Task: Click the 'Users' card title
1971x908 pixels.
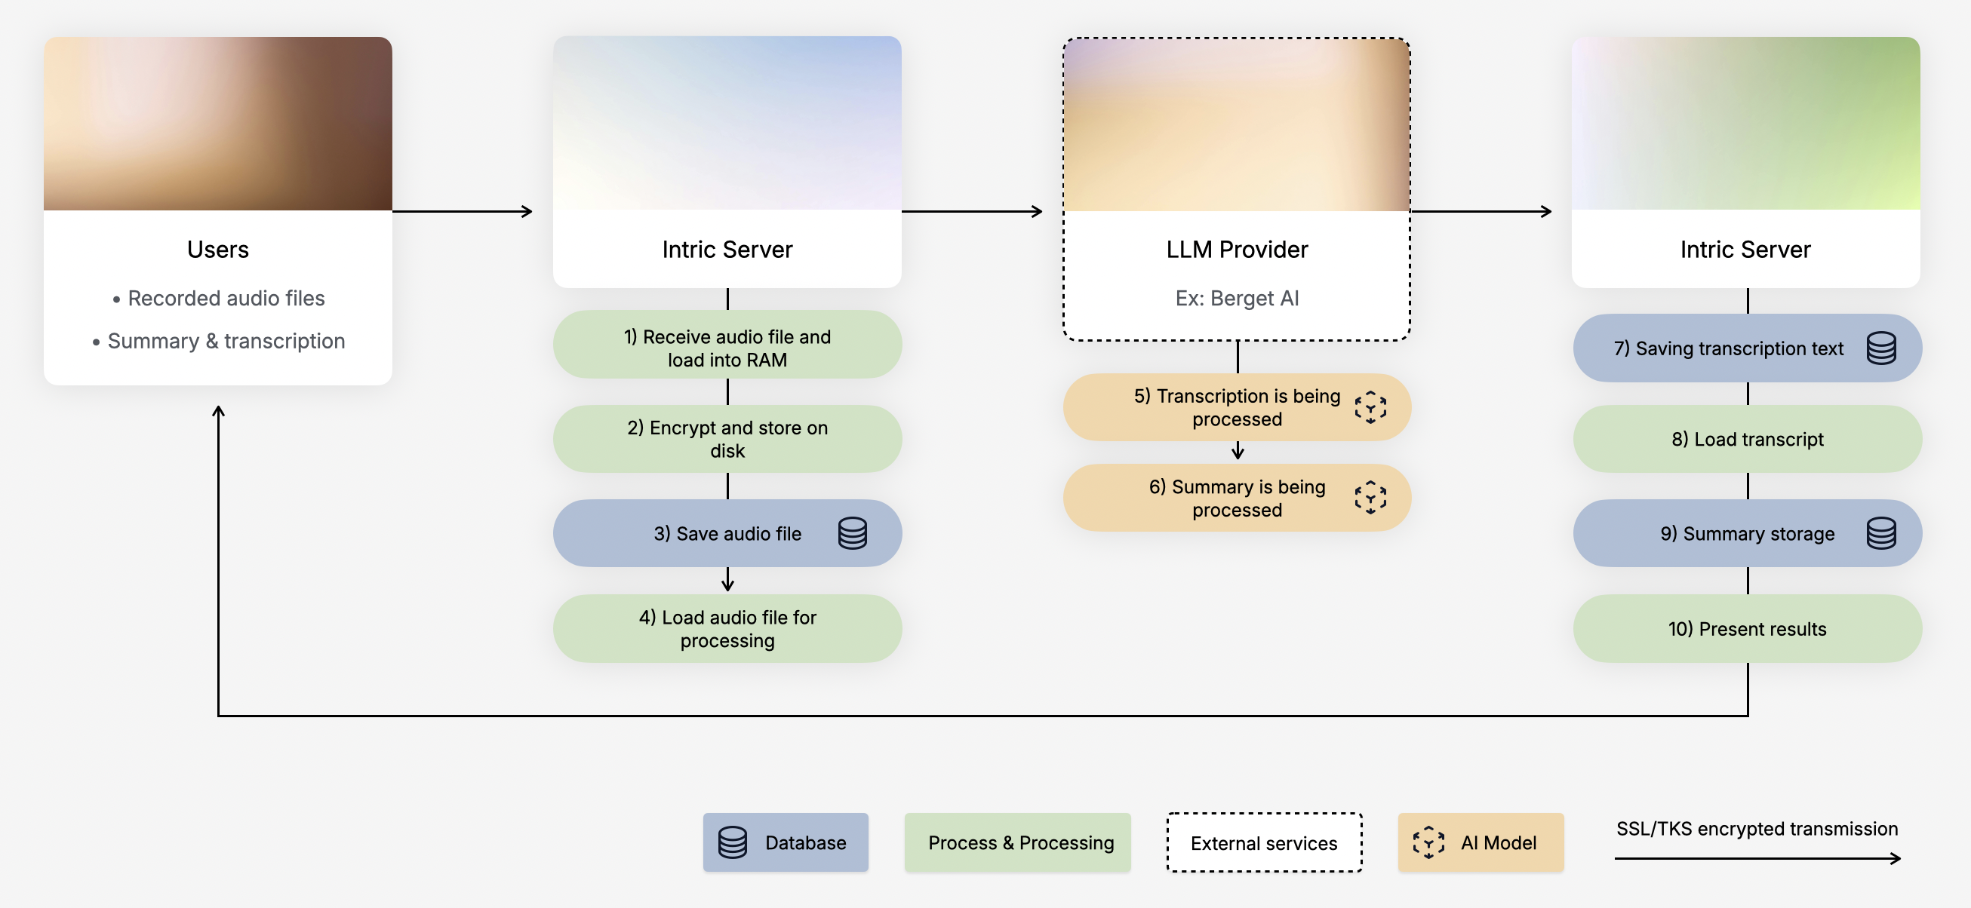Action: [218, 250]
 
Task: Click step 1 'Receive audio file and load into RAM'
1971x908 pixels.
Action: [727, 348]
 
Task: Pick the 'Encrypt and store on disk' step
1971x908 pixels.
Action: [727, 439]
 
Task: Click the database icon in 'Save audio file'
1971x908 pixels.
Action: [853, 533]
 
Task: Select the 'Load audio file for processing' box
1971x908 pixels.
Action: [727, 629]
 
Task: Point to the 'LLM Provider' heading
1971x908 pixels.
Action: [1237, 250]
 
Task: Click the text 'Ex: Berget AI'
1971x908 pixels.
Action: [1237, 299]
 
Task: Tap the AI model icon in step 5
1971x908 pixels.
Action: [1370, 408]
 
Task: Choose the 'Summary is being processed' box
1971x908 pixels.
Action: [1237, 498]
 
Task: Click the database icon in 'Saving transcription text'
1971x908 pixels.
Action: [1880, 348]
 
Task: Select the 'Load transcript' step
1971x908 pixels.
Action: [1747, 439]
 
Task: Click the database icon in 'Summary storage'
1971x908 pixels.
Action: [1880, 533]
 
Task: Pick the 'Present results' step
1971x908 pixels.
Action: [1747, 629]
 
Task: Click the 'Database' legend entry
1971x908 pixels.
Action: [785, 842]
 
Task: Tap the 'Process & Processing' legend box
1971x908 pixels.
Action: [1017, 842]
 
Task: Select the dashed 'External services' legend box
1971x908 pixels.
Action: [1263, 842]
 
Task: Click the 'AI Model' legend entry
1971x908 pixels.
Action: [1481, 842]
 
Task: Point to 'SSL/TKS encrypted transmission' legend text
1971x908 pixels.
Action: [1757, 829]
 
